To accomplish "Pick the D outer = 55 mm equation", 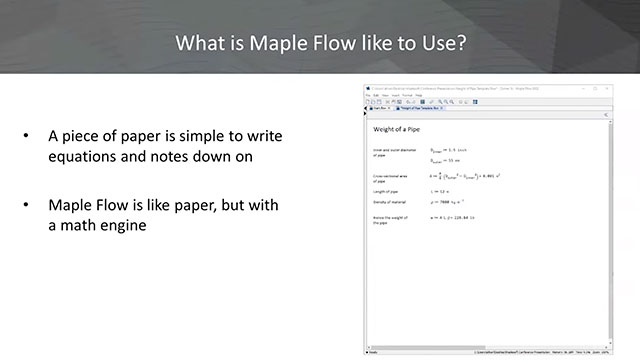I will [x=447, y=161].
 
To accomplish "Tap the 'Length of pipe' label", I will [x=386, y=190].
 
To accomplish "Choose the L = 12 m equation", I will [x=440, y=190].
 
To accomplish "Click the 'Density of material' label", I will [x=390, y=202].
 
